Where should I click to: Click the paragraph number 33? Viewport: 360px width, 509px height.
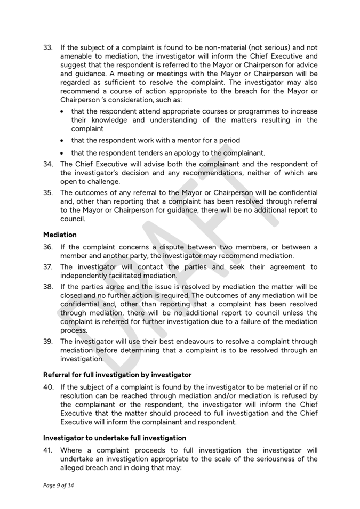coord(47,47)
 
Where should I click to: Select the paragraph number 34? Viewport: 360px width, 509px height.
coord(47,164)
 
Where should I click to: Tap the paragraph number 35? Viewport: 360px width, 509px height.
coord(47,193)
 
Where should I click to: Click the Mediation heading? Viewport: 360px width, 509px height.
coord(60,235)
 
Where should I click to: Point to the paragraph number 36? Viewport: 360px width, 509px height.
coord(47,247)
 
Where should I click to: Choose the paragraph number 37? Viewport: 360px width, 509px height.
coord(47,267)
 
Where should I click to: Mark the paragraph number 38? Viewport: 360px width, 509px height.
coord(47,287)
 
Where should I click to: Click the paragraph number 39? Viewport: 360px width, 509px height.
coord(47,342)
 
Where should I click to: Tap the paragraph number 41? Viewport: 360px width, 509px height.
coord(47,450)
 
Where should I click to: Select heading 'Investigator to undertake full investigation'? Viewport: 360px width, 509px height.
coord(115,438)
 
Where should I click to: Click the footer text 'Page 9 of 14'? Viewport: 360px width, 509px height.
coord(58,484)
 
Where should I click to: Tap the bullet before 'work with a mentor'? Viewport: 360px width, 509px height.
coord(64,141)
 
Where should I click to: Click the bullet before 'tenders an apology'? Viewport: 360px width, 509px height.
coord(64,153)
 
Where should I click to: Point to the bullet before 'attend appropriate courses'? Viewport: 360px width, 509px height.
coord(64,112)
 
